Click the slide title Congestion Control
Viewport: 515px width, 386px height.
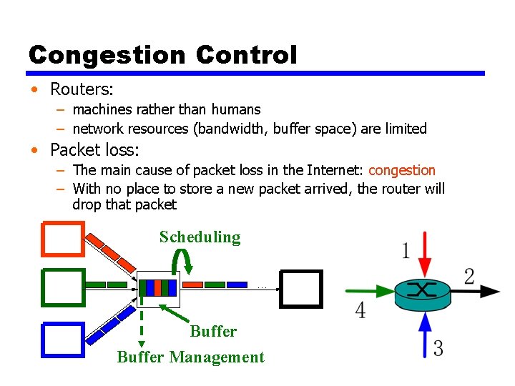[162, 55]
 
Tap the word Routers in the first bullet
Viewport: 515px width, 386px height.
[82, 89]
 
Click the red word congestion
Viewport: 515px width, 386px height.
[401, 170]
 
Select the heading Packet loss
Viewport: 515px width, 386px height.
[94, 150]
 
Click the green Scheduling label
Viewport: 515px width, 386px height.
[200, 237]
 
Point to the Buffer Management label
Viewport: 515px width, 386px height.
[190, 357]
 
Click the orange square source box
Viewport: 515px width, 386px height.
[63, 238]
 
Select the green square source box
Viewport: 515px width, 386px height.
[63, 287]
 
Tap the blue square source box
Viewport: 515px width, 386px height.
[63, 339]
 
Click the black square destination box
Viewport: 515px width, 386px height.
[300, 288]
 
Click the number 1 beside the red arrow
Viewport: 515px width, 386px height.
[406, 252]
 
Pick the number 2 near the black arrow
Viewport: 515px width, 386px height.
[469, 277]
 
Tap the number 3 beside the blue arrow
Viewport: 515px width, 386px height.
[438, 348]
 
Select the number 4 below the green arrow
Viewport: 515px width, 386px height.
[360, 310]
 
